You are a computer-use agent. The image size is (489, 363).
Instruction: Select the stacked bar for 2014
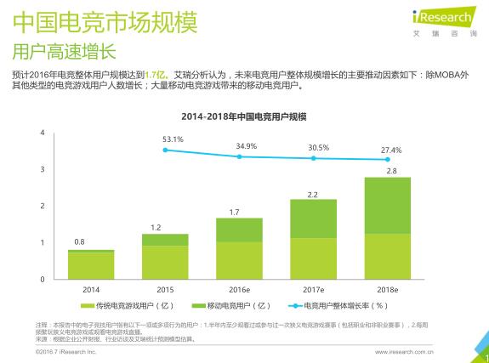coord(91,264)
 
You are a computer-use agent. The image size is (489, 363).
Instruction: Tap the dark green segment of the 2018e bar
coord(387,205)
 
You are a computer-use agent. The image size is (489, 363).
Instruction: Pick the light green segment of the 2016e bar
coord(239,260)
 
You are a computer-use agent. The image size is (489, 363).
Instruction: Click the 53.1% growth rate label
coord(173,139)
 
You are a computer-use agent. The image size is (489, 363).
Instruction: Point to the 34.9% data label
coord(247,145)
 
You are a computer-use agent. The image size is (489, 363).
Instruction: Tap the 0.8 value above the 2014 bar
coord(79,242)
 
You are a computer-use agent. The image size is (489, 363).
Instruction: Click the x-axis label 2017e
coord(313,289)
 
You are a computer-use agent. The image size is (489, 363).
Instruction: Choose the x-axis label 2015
coord(165,289)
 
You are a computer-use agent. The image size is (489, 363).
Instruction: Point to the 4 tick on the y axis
coord(43,134)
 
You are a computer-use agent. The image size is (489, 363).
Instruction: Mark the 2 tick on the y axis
coord(43,207)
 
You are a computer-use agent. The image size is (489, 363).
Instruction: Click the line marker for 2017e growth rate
coord(313,158)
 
